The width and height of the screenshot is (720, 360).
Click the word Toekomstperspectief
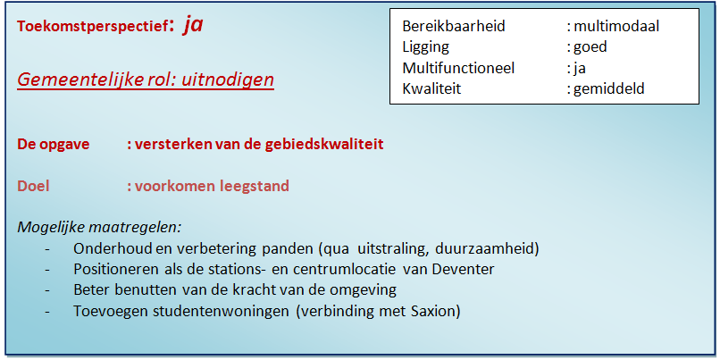91,27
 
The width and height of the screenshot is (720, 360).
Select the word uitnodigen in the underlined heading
228,80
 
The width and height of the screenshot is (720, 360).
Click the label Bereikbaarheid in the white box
454,26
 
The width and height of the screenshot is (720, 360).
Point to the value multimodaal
616,26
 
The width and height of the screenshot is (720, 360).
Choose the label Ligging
426,47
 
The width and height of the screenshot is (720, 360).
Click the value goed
590,47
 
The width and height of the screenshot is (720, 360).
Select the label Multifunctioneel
459,68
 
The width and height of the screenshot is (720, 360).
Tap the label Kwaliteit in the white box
431,88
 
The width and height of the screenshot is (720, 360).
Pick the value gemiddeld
609,88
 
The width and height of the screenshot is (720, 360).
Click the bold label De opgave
54,145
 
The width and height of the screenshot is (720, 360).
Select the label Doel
33,186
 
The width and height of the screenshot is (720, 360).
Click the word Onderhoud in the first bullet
113,248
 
